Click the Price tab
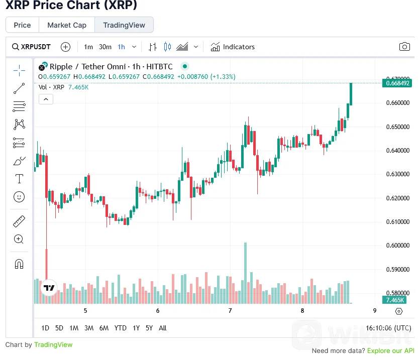coord(22,25)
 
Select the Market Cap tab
coord(67,25)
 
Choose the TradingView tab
coord(124,25)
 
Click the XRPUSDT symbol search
coord(31,47)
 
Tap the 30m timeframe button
coord(105,47)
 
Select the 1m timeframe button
coord(88,47)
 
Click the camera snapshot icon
coord(404,47)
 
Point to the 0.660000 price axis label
coord(396,103)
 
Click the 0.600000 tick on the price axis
coord(396,246)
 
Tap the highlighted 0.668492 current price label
coord(397,83)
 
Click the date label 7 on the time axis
coord(230,311)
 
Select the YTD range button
coord(120,328)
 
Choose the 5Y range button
coord(149,328)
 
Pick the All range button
coord(162,328)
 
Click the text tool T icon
coord(19,179)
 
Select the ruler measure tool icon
coord(19,221)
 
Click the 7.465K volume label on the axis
coord(396,300)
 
